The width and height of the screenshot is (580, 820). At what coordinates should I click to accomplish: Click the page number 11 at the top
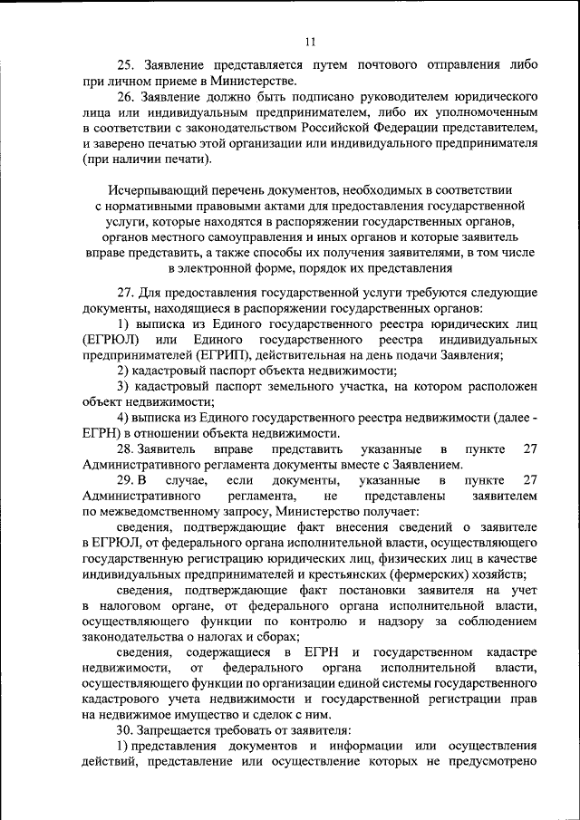(x=310, y=41)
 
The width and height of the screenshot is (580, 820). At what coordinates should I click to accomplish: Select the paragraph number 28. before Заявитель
(x=126, y=449)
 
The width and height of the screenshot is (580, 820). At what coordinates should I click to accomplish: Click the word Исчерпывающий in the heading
(x=150, y=191)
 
